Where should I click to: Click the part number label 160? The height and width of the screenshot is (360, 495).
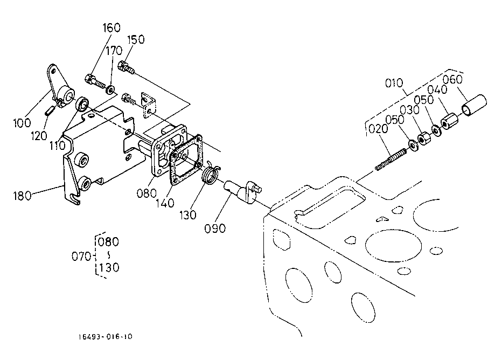pyautogui.click(x=111, y=28)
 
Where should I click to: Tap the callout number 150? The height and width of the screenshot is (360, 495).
pyautogui.click(x=136, y=39)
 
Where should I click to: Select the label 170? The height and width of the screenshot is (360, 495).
pyautogui.click(x=114, y=51)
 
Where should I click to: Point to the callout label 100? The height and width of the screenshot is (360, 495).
pyautogui.click(x=22, y=123)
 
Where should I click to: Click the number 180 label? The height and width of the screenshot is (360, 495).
pyautogui.click(x=23, y=196)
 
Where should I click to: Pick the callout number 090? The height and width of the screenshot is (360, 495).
pyautogui.click(x=215, y=229)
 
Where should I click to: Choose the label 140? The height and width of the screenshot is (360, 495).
pyautogui.click(x=165, y=203)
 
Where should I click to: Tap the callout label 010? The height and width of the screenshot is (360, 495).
pyautogui.click(x=394, y=83)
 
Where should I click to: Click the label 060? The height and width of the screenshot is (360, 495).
pyautogui.click(x=452, y=79)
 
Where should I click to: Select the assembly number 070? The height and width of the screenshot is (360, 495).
pyautogui.click(x=81, y=257)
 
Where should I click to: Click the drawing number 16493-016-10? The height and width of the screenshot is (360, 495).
pyautogui.click(x=106, y=337)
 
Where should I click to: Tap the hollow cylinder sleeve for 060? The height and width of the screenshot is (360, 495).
pyautogui.click(x=474, y=105)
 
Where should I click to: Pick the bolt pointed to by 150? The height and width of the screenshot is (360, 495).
pyautogui.click(x=126, y=67)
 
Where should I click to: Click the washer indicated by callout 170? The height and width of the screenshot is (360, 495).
pyautogui.click(x=110, y=89)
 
